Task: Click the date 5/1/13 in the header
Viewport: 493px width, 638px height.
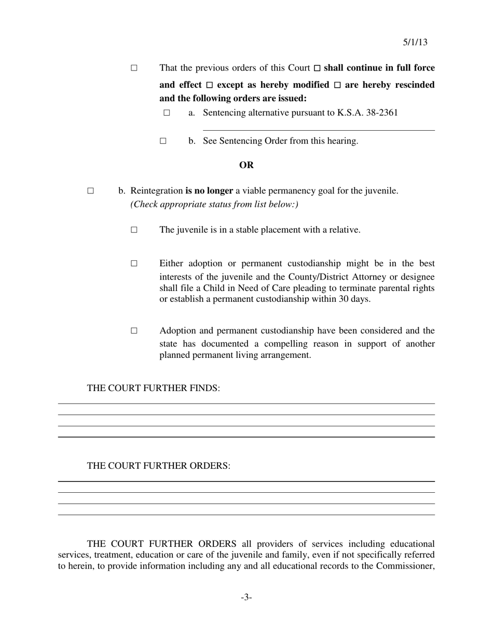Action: click(415, 43)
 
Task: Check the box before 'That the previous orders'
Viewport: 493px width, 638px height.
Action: click(134, 68)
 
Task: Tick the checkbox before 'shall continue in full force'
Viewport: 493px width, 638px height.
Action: click(318, 68)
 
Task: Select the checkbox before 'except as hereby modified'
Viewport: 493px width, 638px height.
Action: click(210, 85)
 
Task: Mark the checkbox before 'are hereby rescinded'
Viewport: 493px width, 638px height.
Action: click(337, 85)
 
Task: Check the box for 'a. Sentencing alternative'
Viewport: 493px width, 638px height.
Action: click(167, 113)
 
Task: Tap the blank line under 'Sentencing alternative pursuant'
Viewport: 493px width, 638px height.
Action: click(319, 130)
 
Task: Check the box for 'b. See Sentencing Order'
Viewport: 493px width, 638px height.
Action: click(163, 141)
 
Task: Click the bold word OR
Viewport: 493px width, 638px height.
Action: click(246, 165)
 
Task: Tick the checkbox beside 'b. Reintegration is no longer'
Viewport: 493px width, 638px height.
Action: click(91, 191)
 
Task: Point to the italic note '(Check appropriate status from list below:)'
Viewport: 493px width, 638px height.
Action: click(214, 204)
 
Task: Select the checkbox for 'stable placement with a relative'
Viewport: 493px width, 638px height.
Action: click(134, 230)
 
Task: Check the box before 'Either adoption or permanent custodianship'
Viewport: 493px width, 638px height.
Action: click(134, 263)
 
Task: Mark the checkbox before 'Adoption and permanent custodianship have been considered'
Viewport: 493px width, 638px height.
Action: click(134, 331)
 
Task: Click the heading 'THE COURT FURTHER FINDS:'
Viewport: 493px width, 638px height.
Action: click(154, 388)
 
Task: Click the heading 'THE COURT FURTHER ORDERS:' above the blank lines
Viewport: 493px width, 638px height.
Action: click(159, 466)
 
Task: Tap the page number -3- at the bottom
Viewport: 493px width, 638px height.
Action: click(246, 598)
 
